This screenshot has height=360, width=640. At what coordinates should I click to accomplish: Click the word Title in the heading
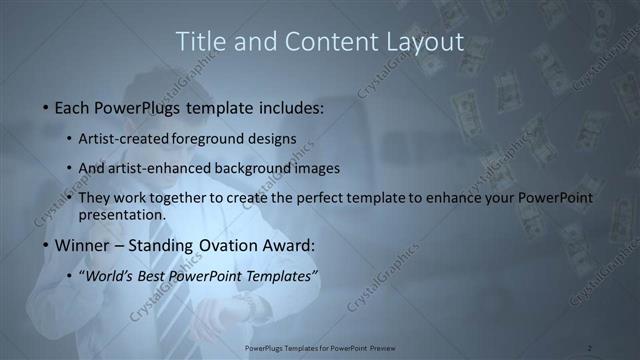pyautogui.click(x=197, y=42)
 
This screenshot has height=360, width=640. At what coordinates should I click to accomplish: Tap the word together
pyautogui.click(x=198, y=198)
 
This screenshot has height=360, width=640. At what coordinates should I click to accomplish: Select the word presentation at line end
pyautogui.click(x=122, y=214)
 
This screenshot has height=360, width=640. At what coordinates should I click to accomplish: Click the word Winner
pyautogui.click(x=82, y=245)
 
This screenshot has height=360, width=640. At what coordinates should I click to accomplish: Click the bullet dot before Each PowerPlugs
pyautogui.click(x=45, y=107)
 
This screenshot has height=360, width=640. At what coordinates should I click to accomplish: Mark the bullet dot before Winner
pyautogui.click(x=45, y=245)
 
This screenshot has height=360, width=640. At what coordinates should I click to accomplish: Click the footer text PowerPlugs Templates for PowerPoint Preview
pyautogui.click(x=319, y=348)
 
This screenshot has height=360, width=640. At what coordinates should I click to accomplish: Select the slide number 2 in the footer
pyautogui.click(x=590, y=348)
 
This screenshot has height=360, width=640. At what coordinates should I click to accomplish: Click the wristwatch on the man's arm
pyautogui.click(x=243, y=308)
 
